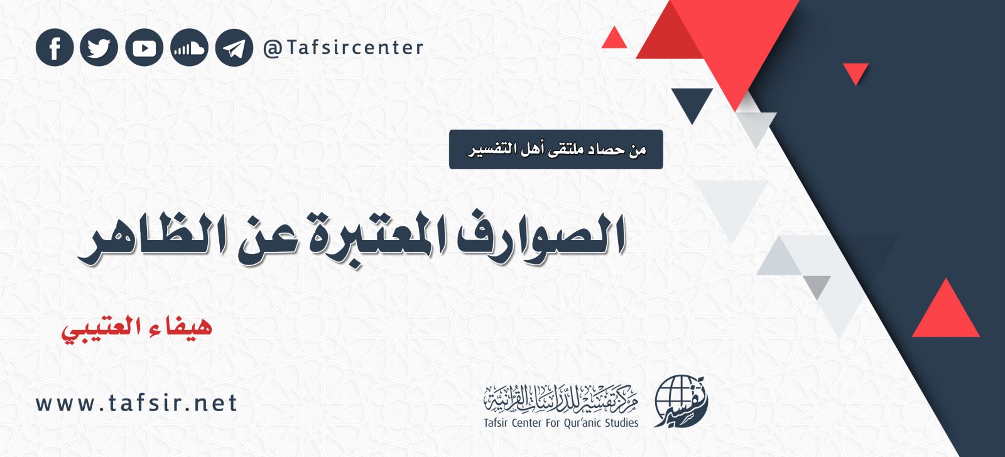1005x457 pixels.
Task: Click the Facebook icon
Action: (55, 48)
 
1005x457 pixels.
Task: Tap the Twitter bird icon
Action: (99, 48)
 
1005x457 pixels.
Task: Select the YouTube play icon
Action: (144, 48)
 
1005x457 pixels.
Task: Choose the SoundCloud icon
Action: (189, 48)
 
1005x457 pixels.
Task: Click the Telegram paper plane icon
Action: (234, 48)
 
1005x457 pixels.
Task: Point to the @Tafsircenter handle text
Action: (344, 48)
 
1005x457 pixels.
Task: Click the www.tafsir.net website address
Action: (136, 403)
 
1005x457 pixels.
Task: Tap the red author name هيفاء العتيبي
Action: (136, 328)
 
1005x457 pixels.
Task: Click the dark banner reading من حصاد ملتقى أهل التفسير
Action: (556, 150)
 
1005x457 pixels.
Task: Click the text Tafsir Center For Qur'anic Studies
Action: (561, 422)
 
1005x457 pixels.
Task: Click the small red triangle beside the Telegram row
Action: (614, 40)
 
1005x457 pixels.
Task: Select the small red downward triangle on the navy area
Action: (855, 72)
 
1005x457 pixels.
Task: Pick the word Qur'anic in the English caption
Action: (576, 422)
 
